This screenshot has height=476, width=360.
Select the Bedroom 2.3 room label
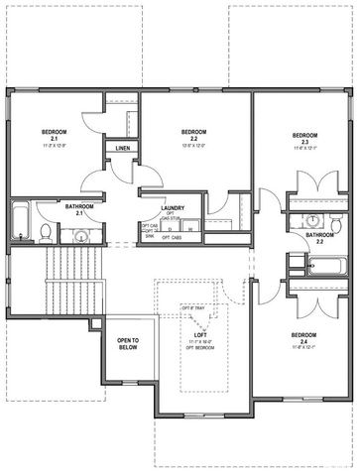pyautogui.click(x=304, y=137)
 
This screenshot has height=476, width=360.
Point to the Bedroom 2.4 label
pyautogui.click(x=304, y=336)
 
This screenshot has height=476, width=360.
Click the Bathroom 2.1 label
pyautogui.click(x=79, y=209)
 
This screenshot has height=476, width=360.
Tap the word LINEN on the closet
pyautogui.click(x=123, y=148)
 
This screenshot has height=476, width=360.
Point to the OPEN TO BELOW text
pyautogui.click(x=128, y=344)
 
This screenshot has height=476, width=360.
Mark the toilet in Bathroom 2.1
pyautogui.click(x=46, y=233)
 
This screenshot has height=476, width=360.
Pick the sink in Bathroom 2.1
pyautogui.click(x=80, y=235)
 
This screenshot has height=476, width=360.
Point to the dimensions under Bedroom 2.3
pyautogui.click(x=304, y=148)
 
